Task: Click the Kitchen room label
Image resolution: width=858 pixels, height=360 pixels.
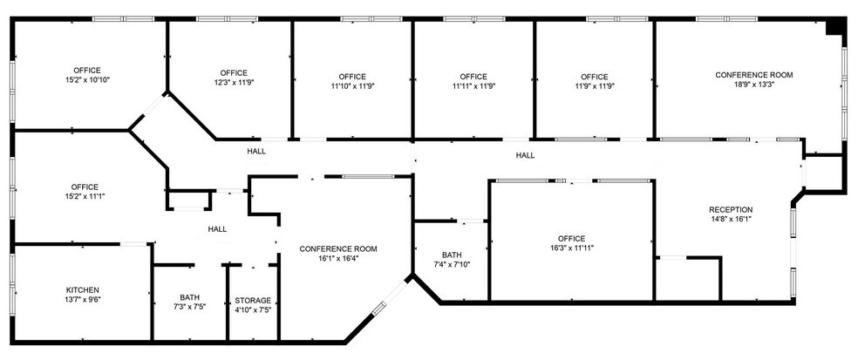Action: (x=84, y=289)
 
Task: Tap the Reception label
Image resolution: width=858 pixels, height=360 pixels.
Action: (x=730, y=209)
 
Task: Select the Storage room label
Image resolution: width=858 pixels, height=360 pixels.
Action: (x=253, y=300)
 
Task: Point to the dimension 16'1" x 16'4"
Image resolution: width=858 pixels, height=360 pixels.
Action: (x=337, y=259)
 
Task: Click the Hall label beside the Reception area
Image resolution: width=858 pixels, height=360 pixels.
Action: (x=525, y=155)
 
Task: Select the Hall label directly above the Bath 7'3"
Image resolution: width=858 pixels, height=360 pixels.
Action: (x=217, y=229)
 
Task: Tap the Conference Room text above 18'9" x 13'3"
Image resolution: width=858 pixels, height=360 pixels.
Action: (x=753, y=75)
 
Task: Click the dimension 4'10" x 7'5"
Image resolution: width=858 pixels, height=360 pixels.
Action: (x=253, y=310)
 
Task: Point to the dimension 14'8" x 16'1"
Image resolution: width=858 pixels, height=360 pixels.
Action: (x=730, y=220)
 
